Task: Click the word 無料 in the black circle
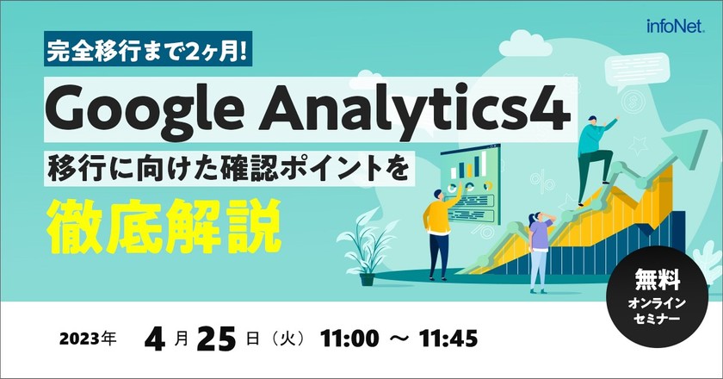click(658, 279)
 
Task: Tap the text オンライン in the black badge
click(658, 302)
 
